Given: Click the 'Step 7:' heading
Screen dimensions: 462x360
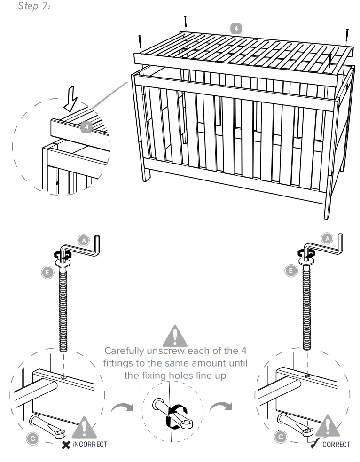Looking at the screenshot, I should tap(34, 7).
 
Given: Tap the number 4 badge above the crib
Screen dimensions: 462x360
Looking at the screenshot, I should tap(236, 28).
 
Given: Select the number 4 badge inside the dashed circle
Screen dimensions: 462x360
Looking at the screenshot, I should tap(85, 127).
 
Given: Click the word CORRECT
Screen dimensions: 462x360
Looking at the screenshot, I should tap(336, 444).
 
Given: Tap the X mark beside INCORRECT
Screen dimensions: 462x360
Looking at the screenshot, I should tap(66, 444).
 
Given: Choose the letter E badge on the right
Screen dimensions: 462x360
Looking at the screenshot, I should tap(291, 271).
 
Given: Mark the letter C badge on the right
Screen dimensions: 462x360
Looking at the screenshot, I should tap(281, 437).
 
